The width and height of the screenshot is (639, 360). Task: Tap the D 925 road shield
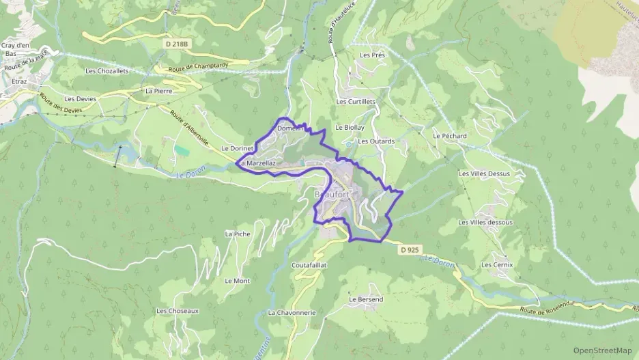tap(409, 250)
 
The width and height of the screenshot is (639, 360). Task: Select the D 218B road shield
tap(175, 44)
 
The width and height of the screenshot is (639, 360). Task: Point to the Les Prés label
tap(373, 55)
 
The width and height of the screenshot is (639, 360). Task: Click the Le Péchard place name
tap(449, 136)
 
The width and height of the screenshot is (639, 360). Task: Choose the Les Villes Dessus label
tap(484, 174)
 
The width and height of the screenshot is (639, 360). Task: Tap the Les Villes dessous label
tap(485, 222)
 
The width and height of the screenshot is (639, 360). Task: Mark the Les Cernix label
tap(496, 264)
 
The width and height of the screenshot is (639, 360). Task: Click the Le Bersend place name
tap(366, 299)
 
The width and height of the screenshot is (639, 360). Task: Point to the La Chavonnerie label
tap(292, 312)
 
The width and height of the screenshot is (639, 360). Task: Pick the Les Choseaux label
tap(177, 311)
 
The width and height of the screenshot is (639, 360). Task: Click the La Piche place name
tap(238, 234)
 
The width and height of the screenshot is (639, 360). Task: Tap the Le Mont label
tap(237, 281)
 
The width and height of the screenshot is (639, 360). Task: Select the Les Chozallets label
tap(106, 70)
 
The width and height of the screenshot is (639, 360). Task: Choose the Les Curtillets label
tap(356, 101)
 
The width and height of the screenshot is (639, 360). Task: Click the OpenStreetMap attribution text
tap(603, 350)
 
